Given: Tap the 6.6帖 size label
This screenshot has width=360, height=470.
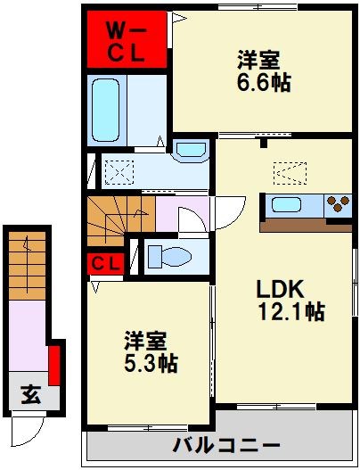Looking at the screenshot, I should [264, 82].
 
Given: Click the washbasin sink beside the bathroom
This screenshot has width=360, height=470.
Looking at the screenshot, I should [189, 151].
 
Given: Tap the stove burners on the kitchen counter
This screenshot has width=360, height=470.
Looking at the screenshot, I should [339, 204].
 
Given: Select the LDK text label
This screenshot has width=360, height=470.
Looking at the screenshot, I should [281, 289].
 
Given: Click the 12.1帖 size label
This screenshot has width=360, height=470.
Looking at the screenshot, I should [290, 312].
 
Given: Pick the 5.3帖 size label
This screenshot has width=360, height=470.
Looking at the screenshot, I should [151, 363].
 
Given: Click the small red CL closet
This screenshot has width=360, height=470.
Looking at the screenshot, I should [105, 264].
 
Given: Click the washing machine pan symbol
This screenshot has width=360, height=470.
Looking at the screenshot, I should [118, 169].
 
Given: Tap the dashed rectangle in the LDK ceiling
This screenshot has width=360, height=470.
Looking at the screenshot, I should [288, 169].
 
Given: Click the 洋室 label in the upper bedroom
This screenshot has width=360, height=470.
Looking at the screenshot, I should [258, 61].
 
